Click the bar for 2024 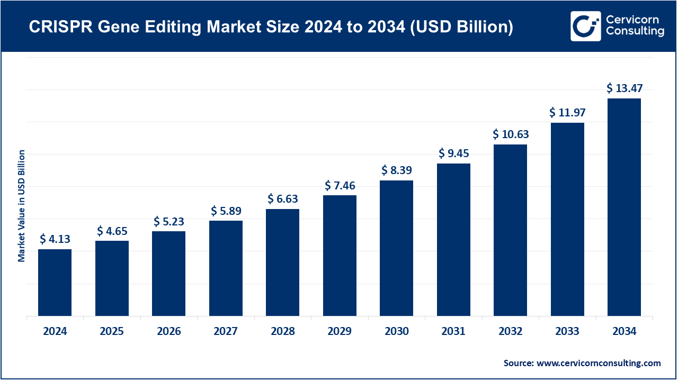tap(55, 283)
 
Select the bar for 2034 tap(624, 207)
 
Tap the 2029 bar tap(340, 256)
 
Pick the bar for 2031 tap(453, 240)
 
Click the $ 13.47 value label tap(624, 88)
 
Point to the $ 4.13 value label tap(55, 239)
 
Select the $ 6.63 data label tap(282, 199)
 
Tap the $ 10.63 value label tap(511, 134)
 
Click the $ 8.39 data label tap(397, 170)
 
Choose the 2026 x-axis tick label tap(168, 332)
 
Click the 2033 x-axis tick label tap(567, 332)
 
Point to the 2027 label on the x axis tap(226, 332)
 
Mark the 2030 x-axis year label tap(397, 332)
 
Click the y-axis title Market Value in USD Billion tap(22, 206)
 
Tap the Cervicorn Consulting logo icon tap(585, 26)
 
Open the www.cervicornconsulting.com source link tap(599, 363)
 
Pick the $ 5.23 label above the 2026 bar tap(168, 221)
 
